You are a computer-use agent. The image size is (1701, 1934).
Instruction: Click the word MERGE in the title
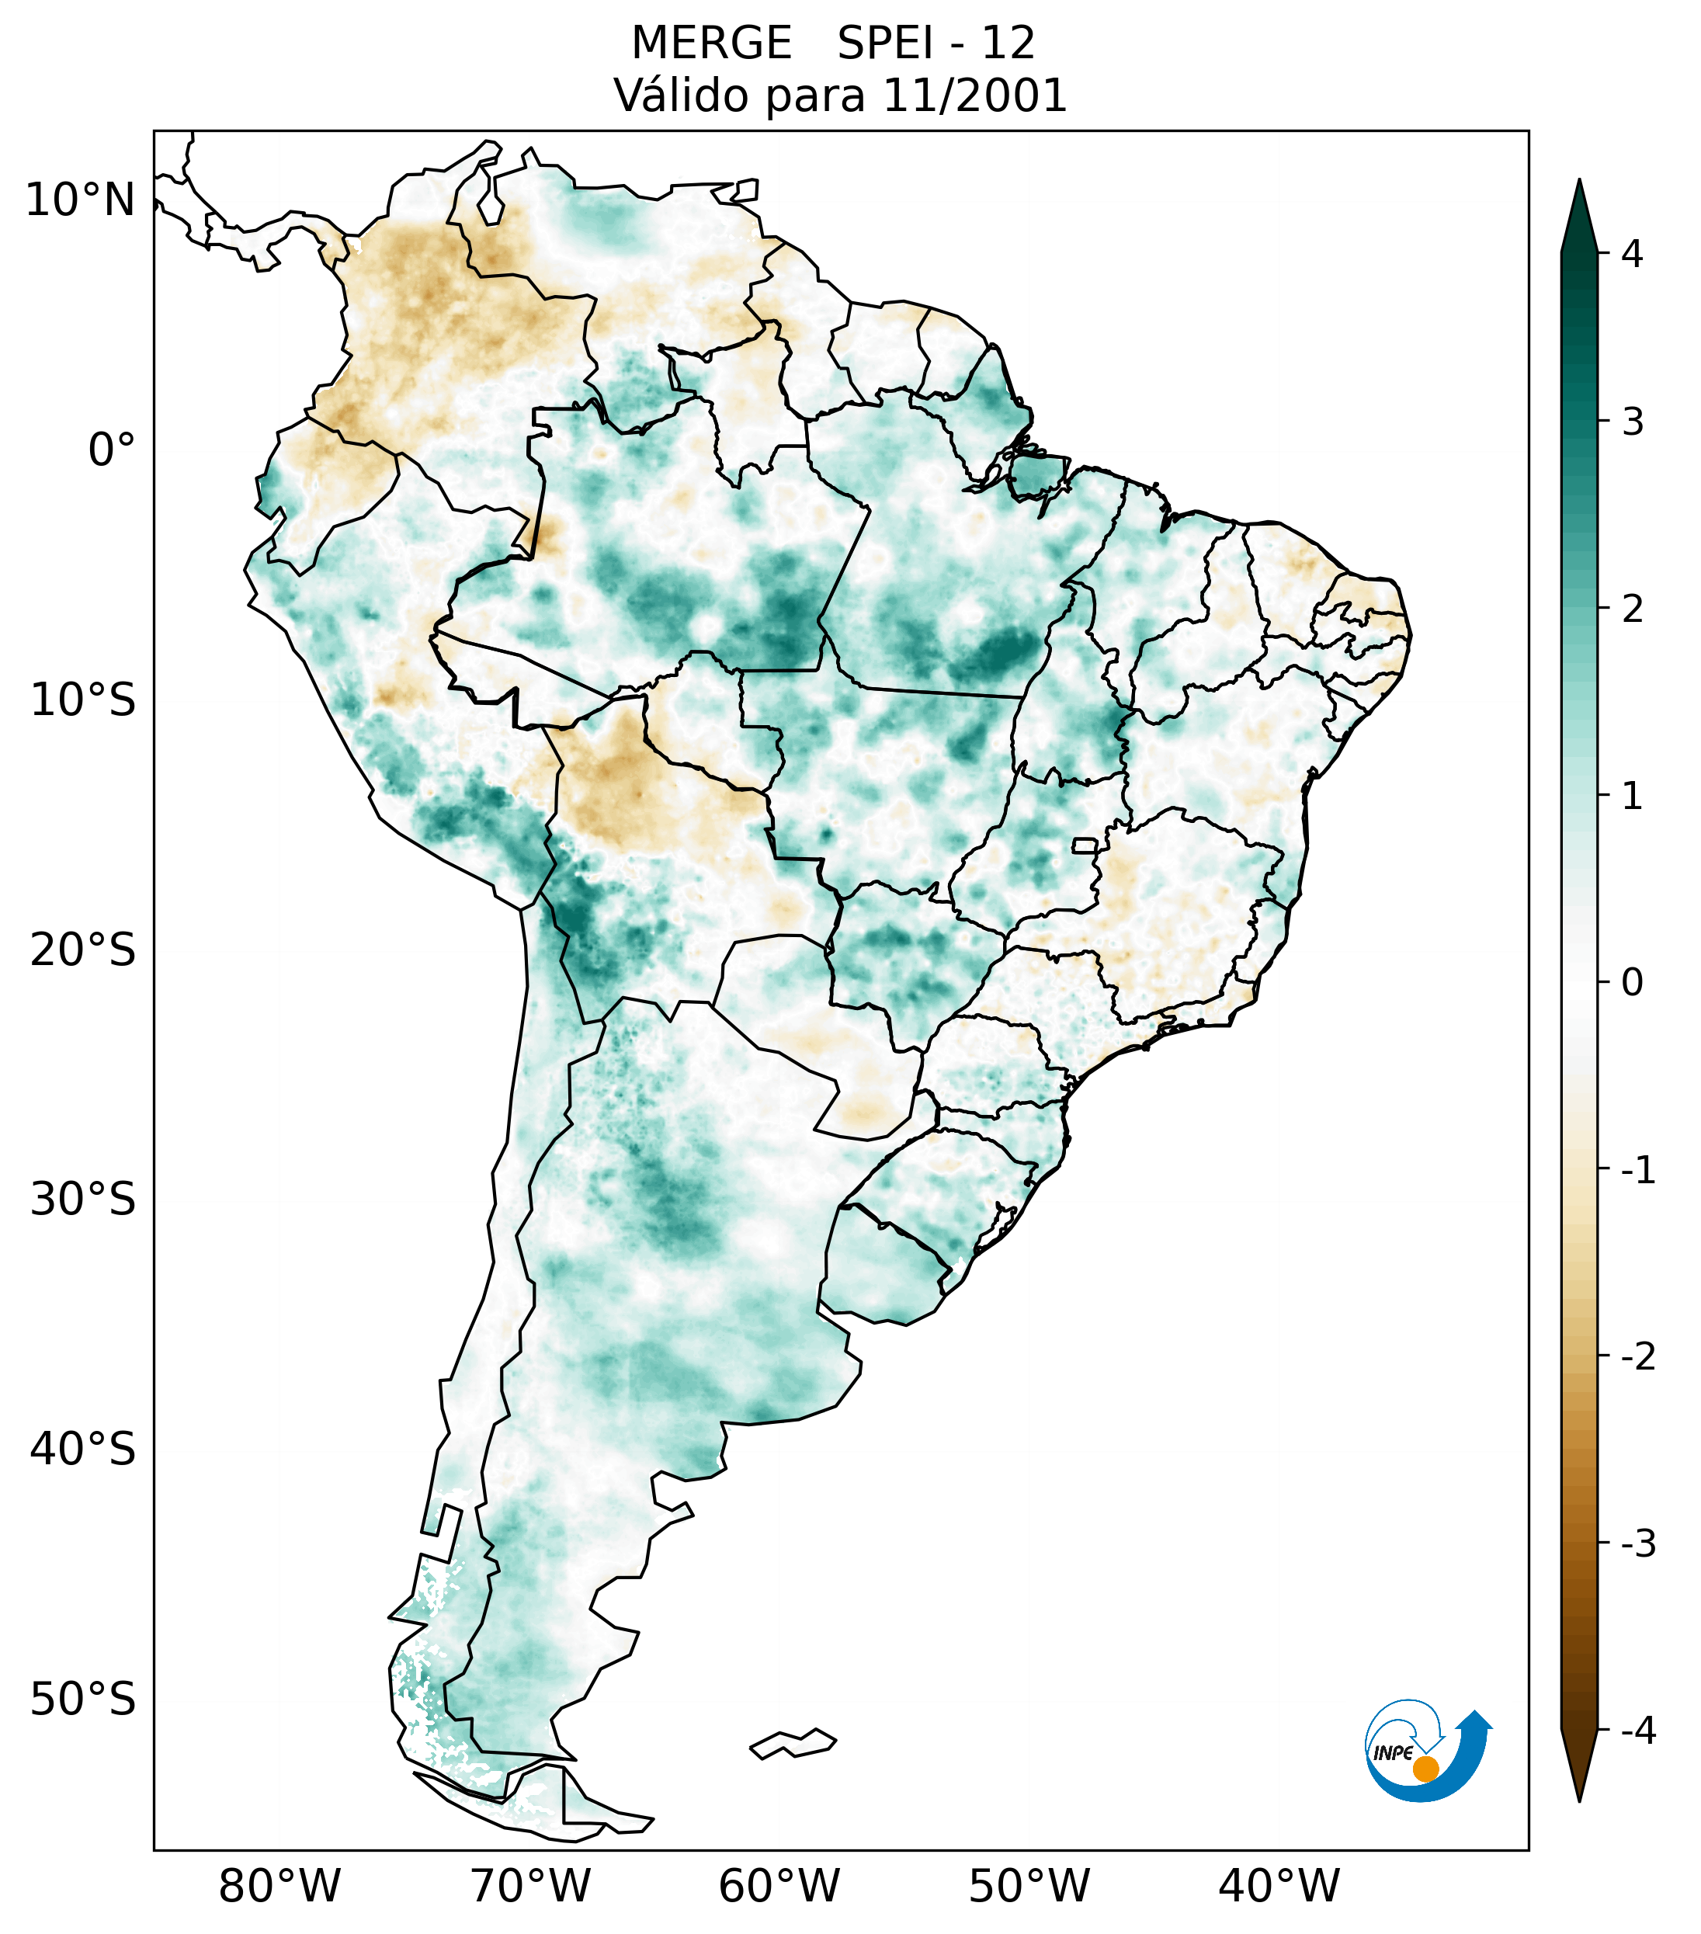710,43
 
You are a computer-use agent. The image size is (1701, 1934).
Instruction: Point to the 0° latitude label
112,450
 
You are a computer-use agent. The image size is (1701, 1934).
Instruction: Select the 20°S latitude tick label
83,950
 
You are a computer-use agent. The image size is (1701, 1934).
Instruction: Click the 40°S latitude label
83,1450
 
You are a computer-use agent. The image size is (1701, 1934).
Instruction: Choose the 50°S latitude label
83,1700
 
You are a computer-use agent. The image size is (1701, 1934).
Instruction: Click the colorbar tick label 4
1632,254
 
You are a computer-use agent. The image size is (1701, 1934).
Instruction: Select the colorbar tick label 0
1632,983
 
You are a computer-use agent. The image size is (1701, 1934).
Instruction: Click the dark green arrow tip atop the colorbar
1579,213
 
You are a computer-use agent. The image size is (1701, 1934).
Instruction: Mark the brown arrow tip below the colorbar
1579,1768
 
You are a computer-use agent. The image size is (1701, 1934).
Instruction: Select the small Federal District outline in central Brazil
1085,845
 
